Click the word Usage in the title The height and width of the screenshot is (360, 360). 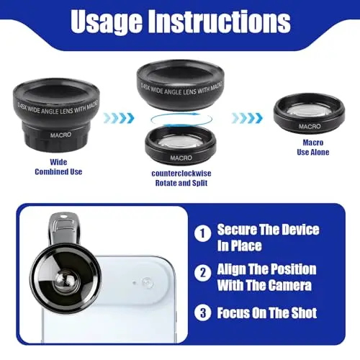pos(107,22)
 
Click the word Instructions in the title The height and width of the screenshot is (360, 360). pos(219,21)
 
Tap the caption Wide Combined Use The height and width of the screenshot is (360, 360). pos(58,167)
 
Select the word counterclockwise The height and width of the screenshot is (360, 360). pos(181,174)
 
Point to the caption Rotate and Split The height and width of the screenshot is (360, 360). pos(181,183)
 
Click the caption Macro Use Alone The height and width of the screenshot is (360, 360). pos(313,147)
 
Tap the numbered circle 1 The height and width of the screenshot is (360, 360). pos(203,233)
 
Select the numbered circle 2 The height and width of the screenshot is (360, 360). pos(203,273)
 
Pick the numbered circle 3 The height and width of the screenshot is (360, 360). pos(203,312)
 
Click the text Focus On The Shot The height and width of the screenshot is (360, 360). pos(267,312)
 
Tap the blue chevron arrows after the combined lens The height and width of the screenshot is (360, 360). pos(119,118)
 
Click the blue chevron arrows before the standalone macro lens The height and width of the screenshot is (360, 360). pos(247,118)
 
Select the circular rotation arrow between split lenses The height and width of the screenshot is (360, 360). pos(181,120)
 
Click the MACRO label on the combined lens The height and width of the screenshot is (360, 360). pos(60,135)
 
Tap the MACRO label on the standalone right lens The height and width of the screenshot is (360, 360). pos(310,126)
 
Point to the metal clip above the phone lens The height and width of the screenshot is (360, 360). pos(63,229)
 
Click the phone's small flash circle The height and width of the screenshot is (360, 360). pos(147,282)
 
